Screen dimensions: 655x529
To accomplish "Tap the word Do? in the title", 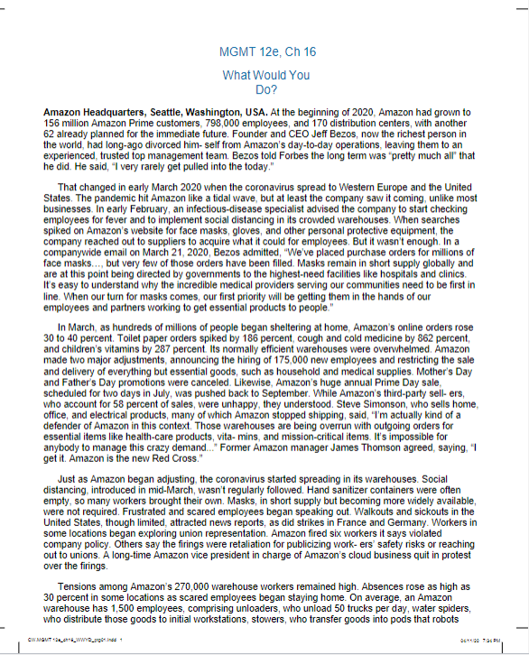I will tap(264, 89).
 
